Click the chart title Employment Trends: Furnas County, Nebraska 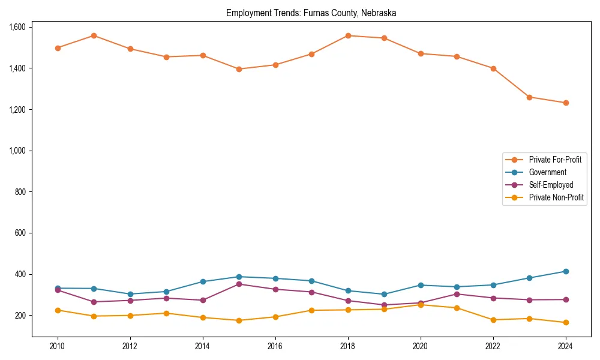point(311,13)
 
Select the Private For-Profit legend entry point(555,160)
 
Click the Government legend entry point(547,172)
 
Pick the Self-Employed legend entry point(551,185)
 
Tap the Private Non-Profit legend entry point(556,197)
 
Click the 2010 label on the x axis point(58,346)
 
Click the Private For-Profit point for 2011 point(94,35)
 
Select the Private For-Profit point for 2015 point(239,69)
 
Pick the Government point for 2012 point(130,294)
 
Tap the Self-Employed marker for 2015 point(239,284)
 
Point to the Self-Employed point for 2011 point(94,302)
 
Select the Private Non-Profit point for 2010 point(58,310)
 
